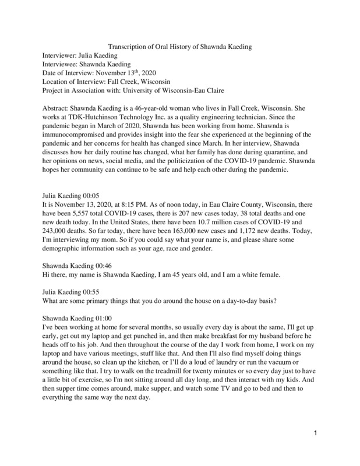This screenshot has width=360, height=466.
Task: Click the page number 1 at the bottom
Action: (x=315, y=449)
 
